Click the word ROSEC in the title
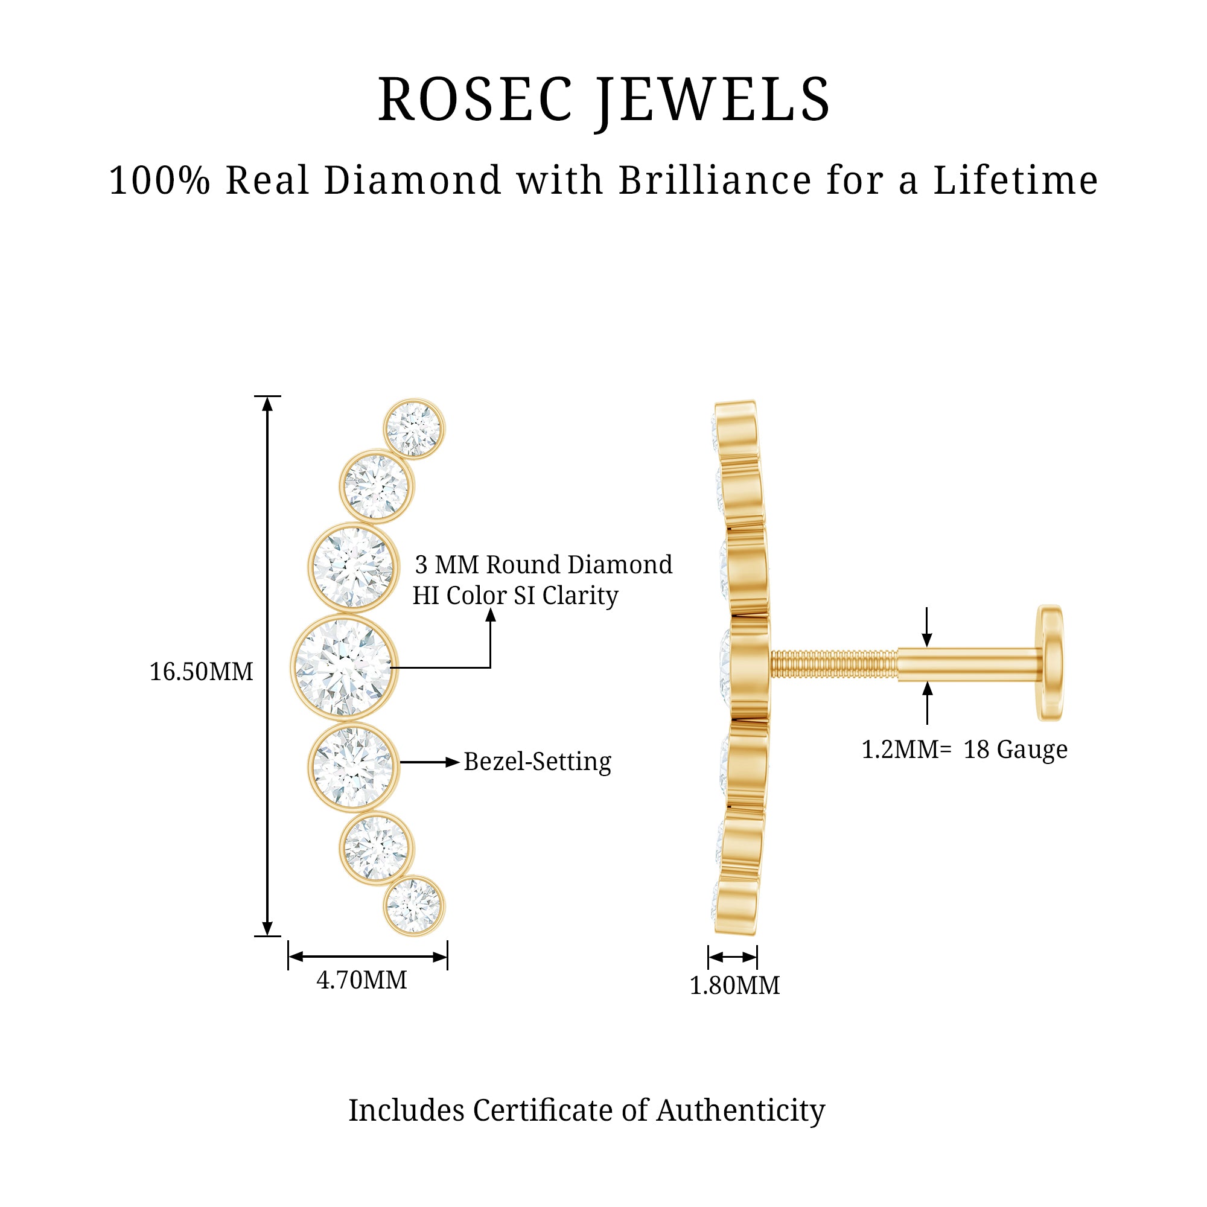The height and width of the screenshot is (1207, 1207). tap(475, 100)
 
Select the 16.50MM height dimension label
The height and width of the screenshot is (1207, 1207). tap(201, 672)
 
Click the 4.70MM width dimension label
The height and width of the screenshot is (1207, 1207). tap(361, 979)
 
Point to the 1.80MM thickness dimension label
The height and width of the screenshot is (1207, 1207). tap(734, 986)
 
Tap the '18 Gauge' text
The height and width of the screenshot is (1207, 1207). tap(1015, 749)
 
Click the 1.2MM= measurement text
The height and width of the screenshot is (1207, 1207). tap(906, 749)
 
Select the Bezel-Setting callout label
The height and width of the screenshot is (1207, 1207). tap(537, 762)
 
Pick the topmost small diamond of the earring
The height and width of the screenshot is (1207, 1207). tap(413, 429)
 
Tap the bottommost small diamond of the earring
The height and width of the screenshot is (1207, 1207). tap(413, 905)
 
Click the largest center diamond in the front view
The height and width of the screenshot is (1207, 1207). tap(343, 667)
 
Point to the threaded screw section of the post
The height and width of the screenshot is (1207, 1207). tap(833, 664)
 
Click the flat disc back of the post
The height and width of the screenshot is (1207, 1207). tap(1049, 662)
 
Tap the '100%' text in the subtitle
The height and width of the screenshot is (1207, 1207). tap(160, 180)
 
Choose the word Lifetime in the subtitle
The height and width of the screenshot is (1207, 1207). tap(1015, 180)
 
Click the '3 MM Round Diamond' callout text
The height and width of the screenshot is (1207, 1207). tap(544, 565)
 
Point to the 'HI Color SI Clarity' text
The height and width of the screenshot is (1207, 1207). tap(515, 596)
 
